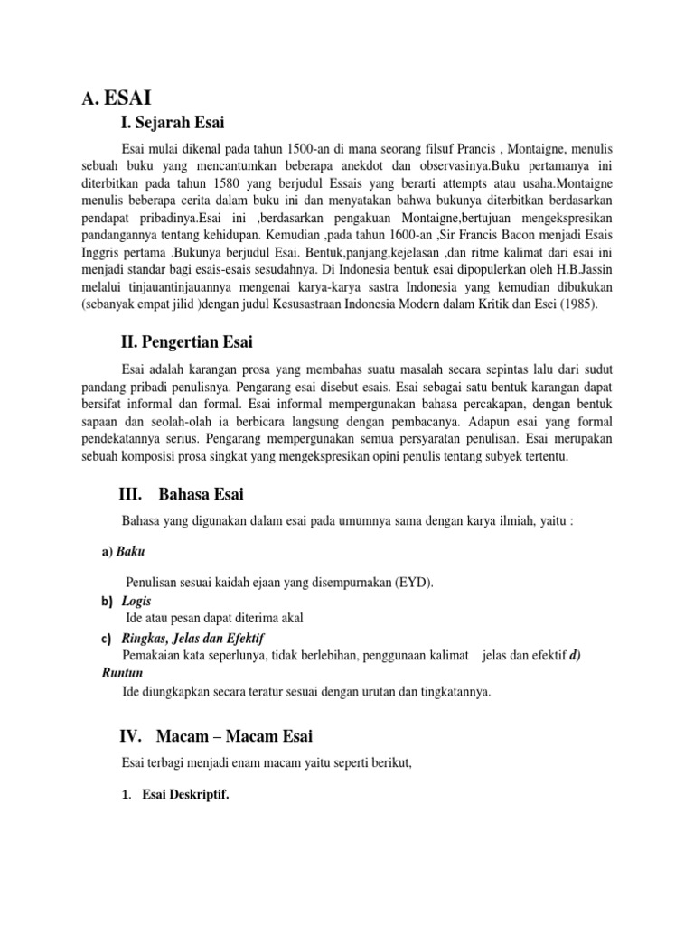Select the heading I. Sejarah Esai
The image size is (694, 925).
click(172, 122)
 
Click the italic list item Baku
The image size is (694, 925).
click(130, 552)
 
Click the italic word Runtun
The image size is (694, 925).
click(122, 674)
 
